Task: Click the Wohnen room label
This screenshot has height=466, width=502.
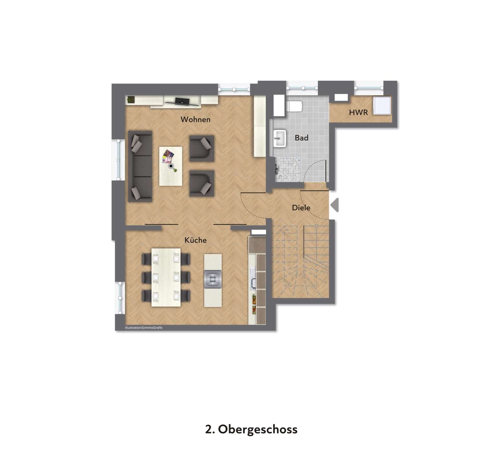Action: pos(195,119)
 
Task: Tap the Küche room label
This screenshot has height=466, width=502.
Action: pos(195,240)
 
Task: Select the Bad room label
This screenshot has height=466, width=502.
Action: pos(301,138)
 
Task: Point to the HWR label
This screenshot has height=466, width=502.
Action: pos(358,112)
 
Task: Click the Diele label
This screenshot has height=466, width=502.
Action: pos(301,208)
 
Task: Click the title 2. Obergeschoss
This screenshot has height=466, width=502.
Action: pos(251,429)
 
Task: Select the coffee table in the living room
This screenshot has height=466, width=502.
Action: pos(170,166)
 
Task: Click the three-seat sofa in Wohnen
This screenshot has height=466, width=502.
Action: pos(140,166)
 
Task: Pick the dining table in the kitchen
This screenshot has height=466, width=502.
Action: pos(166,277)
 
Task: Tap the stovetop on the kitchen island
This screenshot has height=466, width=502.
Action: pos(213,279)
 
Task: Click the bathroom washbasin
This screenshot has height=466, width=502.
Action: pos(279,139)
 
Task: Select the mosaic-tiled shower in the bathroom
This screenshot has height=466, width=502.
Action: pos(287,169)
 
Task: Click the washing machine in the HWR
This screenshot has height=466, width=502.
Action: pos(382,105)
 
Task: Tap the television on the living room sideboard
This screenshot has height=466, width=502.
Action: pos(182,102)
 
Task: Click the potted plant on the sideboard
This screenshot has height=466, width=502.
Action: pos(131,99)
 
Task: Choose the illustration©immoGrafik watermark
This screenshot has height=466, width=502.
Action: pos(144,328)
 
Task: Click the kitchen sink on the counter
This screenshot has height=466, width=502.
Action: pos(253,279)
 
